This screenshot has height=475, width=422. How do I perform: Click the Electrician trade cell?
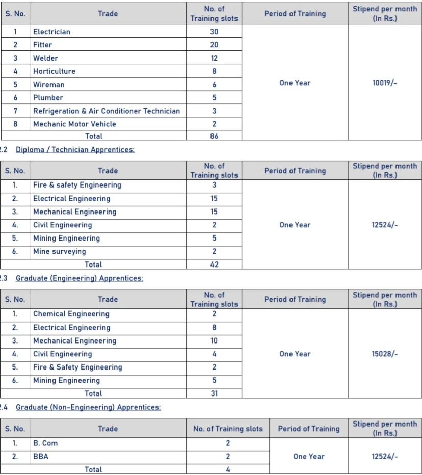pos(52,32)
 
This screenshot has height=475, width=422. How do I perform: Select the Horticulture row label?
pos(54,71)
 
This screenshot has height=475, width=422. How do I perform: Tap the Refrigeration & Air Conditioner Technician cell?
pos(107,111)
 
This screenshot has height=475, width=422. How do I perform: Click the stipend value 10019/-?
pos(385,83)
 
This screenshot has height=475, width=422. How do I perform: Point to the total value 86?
pos(214,136)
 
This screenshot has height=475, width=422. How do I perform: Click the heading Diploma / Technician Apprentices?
pos(75,150)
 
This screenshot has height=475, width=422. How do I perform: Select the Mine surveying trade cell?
pos(60,251)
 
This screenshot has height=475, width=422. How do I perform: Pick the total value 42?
pos(214,265)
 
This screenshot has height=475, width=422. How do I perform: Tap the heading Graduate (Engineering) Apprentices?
pos(80,278)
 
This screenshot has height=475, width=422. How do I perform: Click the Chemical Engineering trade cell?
pos(71,314)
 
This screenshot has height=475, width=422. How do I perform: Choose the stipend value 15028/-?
pos(385,354)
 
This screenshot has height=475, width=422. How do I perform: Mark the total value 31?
pos(214,393)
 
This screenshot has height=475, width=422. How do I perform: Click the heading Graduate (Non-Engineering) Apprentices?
pos(88,407)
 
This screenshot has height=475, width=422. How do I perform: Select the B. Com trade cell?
pos(45,443)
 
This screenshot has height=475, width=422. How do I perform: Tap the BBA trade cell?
pos(41,457)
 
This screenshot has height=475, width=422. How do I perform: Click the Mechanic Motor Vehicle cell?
pos(74,124)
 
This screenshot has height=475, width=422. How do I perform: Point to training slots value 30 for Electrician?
pos(214,32)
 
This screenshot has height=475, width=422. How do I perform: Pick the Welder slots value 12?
pos(214,58)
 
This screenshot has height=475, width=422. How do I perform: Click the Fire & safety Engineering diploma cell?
pos(77,185)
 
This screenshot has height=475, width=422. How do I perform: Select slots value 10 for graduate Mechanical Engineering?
pos(214,340)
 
